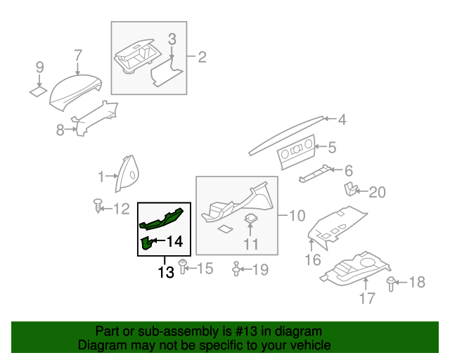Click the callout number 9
[39, 67]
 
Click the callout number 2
[202, 58]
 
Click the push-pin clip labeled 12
[97, 206]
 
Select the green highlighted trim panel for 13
[162, 218]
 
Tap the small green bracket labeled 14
[146, 243]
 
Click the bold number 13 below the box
[165, 272]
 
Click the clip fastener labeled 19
[237, 269]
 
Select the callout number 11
[251, 245]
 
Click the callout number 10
[297, 214]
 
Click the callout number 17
[367, 298]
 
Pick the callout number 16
[312, 260]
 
